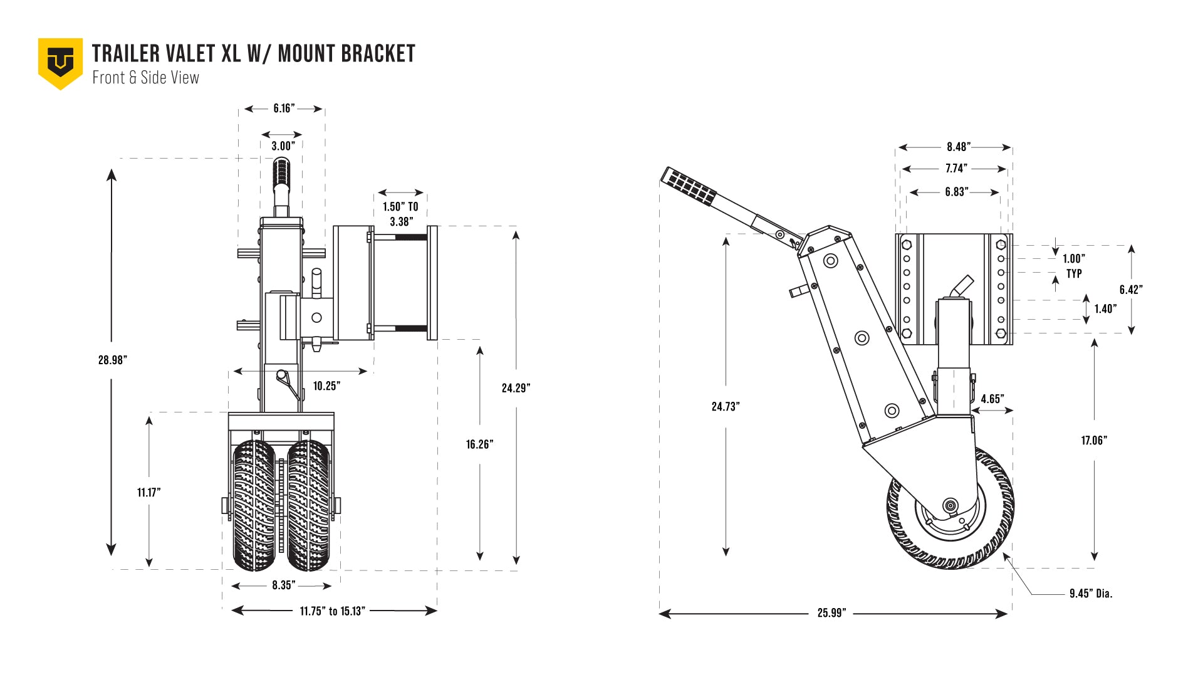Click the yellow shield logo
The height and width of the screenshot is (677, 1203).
click(60, 63)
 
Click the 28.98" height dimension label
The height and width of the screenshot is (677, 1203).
click(113, 360)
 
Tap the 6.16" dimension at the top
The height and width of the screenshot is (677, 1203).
click(283, 108)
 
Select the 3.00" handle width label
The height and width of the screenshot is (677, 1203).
click(283, 146)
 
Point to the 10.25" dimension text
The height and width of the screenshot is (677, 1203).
click(326, 386)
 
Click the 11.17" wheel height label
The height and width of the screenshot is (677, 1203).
click(149, 493)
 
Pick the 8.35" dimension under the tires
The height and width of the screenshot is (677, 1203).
click(283, 585)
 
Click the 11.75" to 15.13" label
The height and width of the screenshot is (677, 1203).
click(332, 611)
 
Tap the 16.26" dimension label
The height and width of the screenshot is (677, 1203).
click(479, 444)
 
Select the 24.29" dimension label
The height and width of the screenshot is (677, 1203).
click(516, 388)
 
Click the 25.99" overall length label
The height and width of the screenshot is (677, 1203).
click(831, 613)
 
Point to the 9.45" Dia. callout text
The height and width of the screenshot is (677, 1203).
click(1091, 594)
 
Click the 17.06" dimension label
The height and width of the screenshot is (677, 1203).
click(1094, 441)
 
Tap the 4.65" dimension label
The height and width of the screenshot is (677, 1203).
click(992, 399)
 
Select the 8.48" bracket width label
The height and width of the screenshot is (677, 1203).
click(958, 147)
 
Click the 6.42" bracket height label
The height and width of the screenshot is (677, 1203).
click(1131, 290)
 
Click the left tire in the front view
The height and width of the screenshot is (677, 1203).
click(254, 505)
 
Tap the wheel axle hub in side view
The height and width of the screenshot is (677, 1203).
click(950, 505)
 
